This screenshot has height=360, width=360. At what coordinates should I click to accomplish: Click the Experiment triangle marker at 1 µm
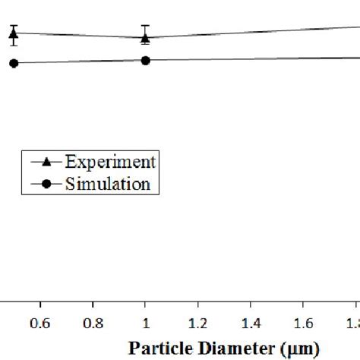pyautogui.click(x=145, y=36)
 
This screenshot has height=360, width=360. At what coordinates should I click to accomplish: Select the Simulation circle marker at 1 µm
pyautogui.click(x=145, y=60)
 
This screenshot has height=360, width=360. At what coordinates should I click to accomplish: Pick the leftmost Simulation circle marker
pyautogui.click(x=13, y=64)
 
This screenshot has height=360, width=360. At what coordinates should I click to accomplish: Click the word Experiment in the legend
pyautogui.click(x=110, y=162)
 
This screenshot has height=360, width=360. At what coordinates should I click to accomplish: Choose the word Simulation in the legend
pyautogui.click(x=107, y=184)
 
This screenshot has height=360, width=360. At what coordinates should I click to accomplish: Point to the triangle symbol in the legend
pyautogui.click(x=46, y=162)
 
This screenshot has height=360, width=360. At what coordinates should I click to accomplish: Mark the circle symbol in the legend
pyautogui.click(x=46, y=184)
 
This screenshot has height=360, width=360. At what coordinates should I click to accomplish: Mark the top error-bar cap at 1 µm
pyautogui.click(x=145, y=26)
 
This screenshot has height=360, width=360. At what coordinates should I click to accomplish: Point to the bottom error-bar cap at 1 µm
pyautogui.click(x=145, y=43)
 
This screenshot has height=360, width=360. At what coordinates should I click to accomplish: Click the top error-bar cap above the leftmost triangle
pyautogui.click(x=13, y=25)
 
